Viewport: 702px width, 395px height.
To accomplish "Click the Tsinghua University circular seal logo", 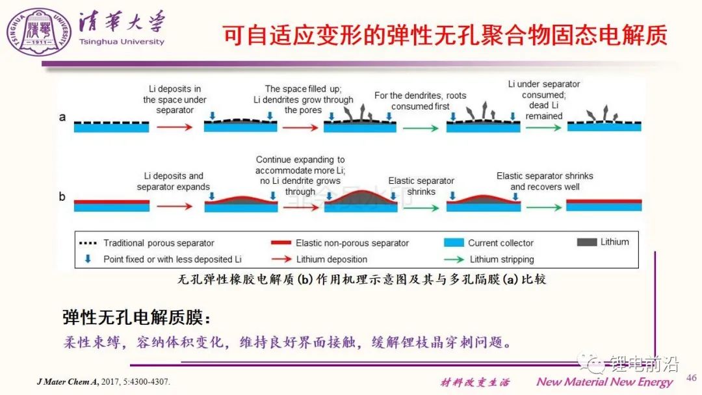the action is click(x=39, y=31).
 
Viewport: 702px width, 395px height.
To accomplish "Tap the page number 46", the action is click(x=691, y=377).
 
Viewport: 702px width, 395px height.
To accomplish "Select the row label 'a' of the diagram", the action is click(x=62, y=117).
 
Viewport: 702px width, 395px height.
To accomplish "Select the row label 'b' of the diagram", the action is click(x=62, y=196).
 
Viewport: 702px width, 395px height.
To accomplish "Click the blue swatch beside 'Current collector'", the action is click(x=454, y=242).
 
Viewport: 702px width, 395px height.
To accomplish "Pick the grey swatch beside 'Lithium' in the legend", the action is click(x=587, y=242).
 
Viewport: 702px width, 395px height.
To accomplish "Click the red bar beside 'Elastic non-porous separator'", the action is click(x=281, y=242).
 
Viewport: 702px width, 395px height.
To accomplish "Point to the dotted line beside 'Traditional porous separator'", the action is click(x=88, y=243).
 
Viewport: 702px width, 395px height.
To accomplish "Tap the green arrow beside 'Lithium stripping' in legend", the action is click(x=454, y=259).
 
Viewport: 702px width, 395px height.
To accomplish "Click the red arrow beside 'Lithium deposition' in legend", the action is click(x=281, y=259).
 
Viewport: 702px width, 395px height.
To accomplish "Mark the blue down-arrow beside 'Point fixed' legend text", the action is click(x=88, y=259).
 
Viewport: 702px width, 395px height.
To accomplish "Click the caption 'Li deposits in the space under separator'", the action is click(x=175, y=99).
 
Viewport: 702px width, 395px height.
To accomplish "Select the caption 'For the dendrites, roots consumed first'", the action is click(x=420, y=101).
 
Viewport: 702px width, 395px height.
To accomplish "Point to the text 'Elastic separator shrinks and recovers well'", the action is click(x=545, y=181).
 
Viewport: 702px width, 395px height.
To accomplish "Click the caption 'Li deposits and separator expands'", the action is click(x=174, y=181).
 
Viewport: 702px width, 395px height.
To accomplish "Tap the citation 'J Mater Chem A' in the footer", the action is click(x=68, y=381).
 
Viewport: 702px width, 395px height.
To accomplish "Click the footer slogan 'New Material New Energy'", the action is click(x=604, y=381).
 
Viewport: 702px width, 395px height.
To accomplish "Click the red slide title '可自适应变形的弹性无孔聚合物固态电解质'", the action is click(x=445, y=35).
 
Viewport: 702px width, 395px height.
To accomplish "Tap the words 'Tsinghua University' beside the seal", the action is click(x=122, y=42).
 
